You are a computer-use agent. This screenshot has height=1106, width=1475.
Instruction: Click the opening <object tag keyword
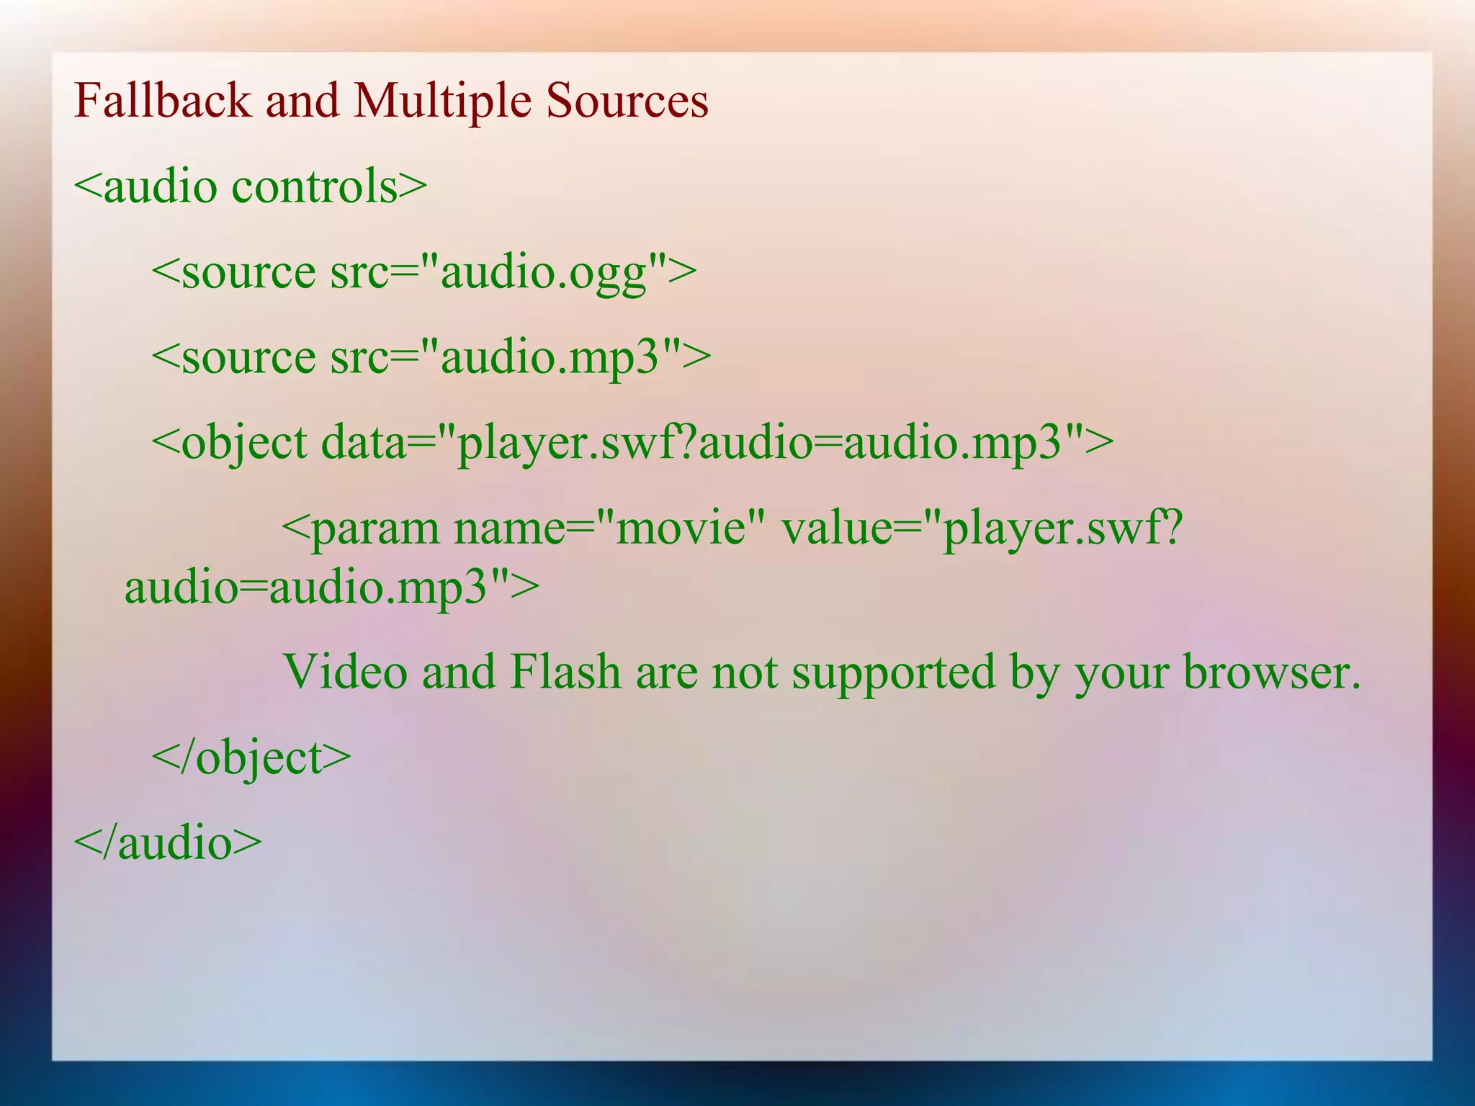click(x=230, y=441)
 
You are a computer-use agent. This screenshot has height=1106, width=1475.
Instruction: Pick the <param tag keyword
click(x=360, y=528)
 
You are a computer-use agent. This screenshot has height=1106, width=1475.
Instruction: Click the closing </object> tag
click(x=251, y=757)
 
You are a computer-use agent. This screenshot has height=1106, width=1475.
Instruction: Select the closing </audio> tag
click(x=168, y=842)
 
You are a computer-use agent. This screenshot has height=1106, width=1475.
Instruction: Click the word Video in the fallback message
click(x=346, y=672)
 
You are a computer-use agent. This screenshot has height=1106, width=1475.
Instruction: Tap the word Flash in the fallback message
click(x=565, y=672)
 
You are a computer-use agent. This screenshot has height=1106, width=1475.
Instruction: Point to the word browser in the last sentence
click(x=1272, y=672)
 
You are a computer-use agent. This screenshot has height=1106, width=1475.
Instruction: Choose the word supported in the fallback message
click(x=894, y=672)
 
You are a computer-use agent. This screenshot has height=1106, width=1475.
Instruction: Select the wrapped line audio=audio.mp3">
click(x=332, y=587)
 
